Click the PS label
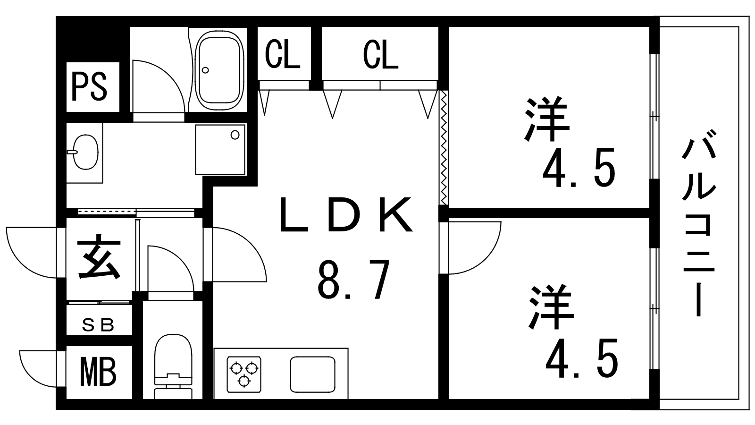[89, 87]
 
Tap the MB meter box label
[98, 373]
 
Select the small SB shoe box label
[98, 325]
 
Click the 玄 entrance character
[99, 257]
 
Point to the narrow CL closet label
[283, 54]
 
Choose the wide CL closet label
[380, 55]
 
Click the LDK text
[346, 215]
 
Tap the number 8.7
[354, 279]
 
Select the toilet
[173, 366]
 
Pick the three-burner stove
[244, 374]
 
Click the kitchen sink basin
[312, 374]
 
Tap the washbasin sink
[85, 152]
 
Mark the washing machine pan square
[220, 150]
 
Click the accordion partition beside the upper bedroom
[444, 147]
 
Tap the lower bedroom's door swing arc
[475, 248]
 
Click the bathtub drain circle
[205, 70]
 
